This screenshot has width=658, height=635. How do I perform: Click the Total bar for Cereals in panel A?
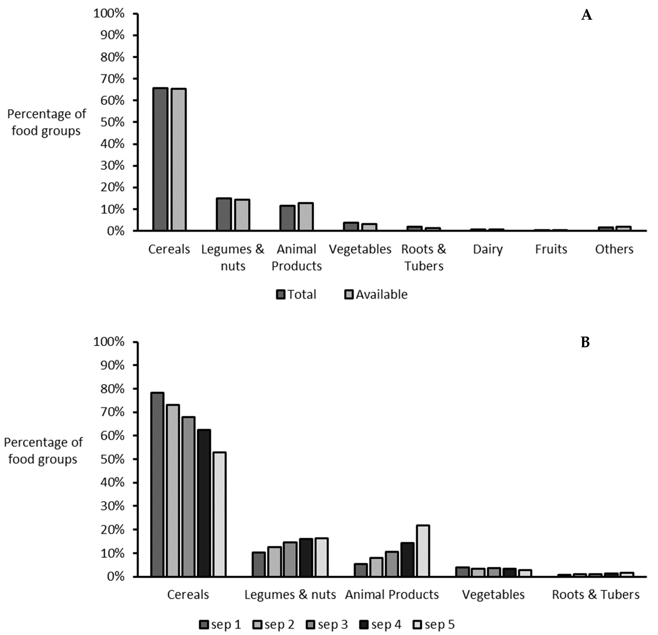[160, 159]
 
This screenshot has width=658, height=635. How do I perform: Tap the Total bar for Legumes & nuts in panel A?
[224, 214]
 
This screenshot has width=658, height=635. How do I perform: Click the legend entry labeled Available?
[376, 294]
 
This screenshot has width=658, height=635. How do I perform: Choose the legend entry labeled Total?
[296, 294]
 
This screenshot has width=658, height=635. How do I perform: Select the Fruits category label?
[551, 249]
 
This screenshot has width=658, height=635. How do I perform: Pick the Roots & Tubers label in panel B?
[595, 595]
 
